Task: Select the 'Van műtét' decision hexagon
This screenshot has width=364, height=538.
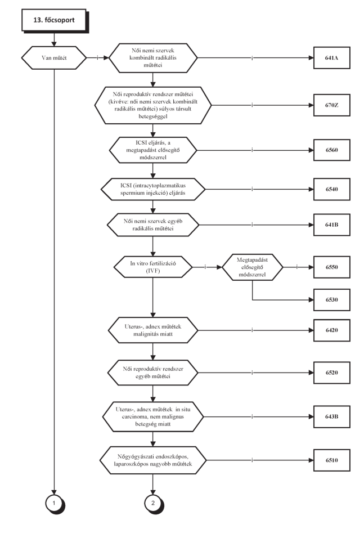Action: [54, 58]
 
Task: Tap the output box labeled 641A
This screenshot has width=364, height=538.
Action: [332, 58]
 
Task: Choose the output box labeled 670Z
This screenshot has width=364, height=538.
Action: [332, 105]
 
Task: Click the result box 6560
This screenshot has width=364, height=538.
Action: [332, 150]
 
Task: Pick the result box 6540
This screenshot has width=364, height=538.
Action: [332, 189]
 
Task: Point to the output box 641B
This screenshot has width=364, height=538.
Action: [332, 225]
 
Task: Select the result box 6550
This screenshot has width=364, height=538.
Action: [332, 267]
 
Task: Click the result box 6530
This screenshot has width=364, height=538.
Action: [332, 299]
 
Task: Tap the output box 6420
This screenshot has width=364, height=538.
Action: [332, 330]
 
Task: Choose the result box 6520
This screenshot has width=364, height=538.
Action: [332, 373]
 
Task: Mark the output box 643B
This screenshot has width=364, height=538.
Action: [332, 416]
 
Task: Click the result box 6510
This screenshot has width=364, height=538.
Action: [332, 460]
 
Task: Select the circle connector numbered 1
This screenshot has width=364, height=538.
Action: [55, 504]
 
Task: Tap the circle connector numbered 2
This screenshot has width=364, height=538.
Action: [154, 504]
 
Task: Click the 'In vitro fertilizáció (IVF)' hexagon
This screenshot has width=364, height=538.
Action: [153, 267]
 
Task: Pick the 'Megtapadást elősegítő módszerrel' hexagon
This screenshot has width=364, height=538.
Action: [253, 267]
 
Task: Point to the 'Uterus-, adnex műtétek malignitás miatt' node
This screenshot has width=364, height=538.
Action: [153, 330]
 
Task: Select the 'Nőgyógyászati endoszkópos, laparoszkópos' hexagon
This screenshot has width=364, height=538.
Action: [153, 460]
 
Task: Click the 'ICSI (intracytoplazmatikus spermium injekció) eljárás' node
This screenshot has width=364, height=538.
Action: [153, 189]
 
